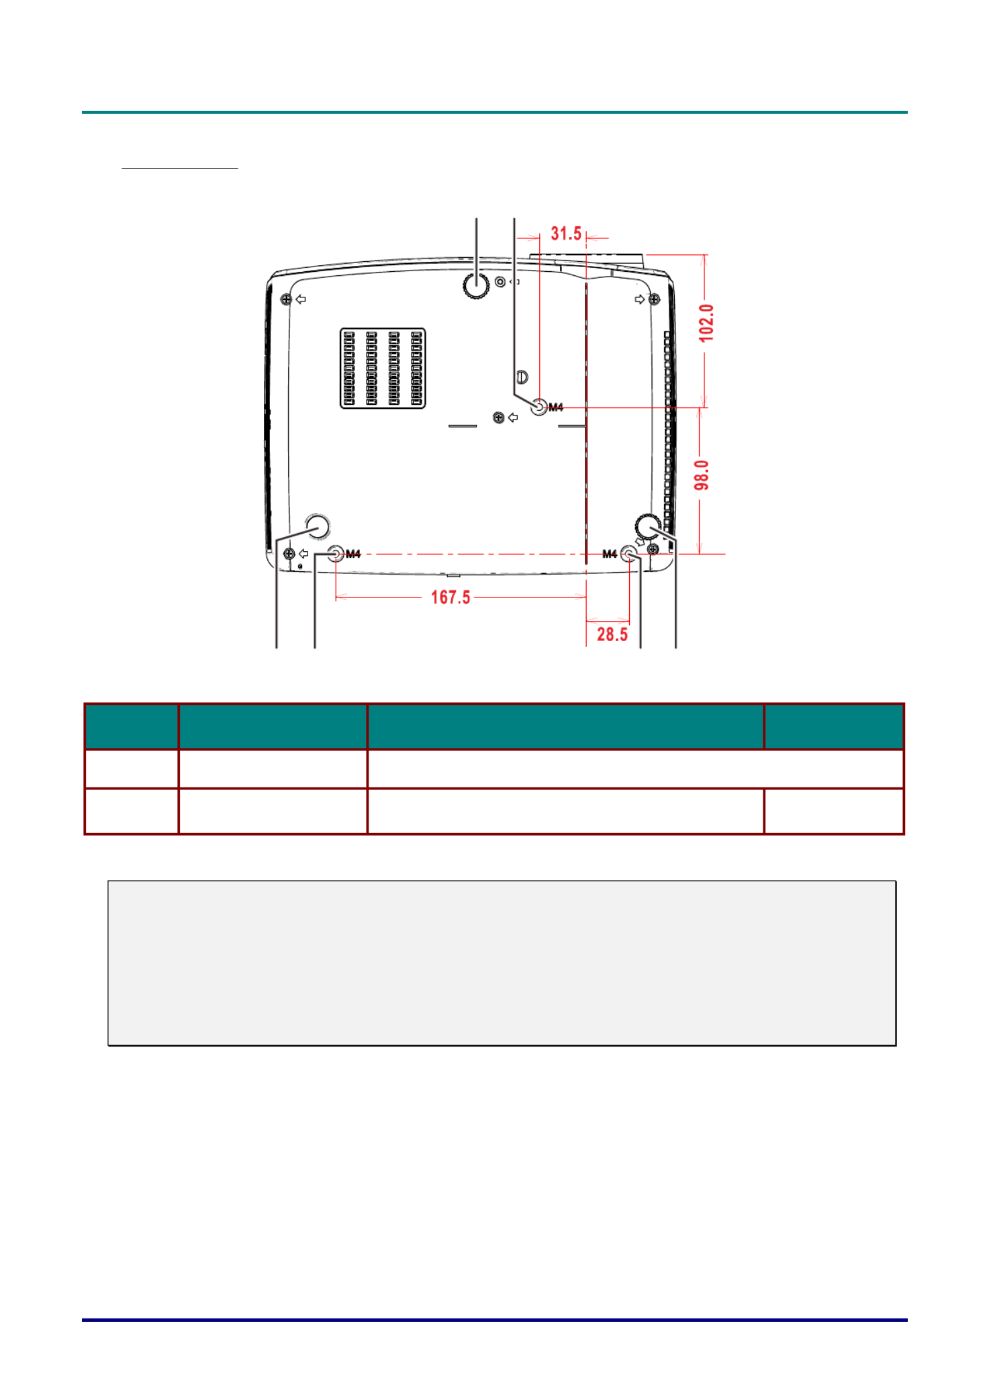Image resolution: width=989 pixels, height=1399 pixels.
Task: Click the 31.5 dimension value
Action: (x=566, y=234)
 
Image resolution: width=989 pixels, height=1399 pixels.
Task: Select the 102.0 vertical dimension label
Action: (x=706, y=323)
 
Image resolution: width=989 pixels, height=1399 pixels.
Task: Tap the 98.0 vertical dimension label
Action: (x=702, y=475)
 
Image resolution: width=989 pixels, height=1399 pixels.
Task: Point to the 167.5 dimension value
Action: (x=451, y=597)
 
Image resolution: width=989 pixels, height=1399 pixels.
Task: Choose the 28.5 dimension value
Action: (x=612, y=634)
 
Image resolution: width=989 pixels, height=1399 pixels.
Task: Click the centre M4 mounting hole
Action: (x=539, y=407)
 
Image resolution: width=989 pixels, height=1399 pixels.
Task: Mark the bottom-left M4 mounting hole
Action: (x=336, y=554)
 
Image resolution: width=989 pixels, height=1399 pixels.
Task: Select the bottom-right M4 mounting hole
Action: (x=629, y=554)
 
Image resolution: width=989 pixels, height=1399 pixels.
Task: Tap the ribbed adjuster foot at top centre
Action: (x=476, y=285)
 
